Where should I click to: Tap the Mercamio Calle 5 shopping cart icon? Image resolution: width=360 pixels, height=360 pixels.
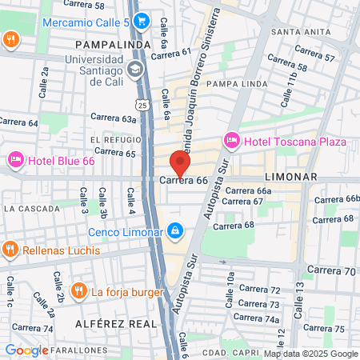141,20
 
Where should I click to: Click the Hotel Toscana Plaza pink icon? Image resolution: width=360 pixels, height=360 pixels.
233,142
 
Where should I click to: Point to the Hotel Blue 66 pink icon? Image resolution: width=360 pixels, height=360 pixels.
15,160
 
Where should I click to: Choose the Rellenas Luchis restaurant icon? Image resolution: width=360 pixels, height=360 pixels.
10,250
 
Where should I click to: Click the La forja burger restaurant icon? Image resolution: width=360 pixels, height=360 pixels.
78,290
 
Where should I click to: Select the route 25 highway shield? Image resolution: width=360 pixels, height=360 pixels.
142,105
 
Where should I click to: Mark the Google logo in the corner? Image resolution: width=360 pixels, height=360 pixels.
26,350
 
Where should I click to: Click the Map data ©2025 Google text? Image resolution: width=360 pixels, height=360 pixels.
311,354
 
